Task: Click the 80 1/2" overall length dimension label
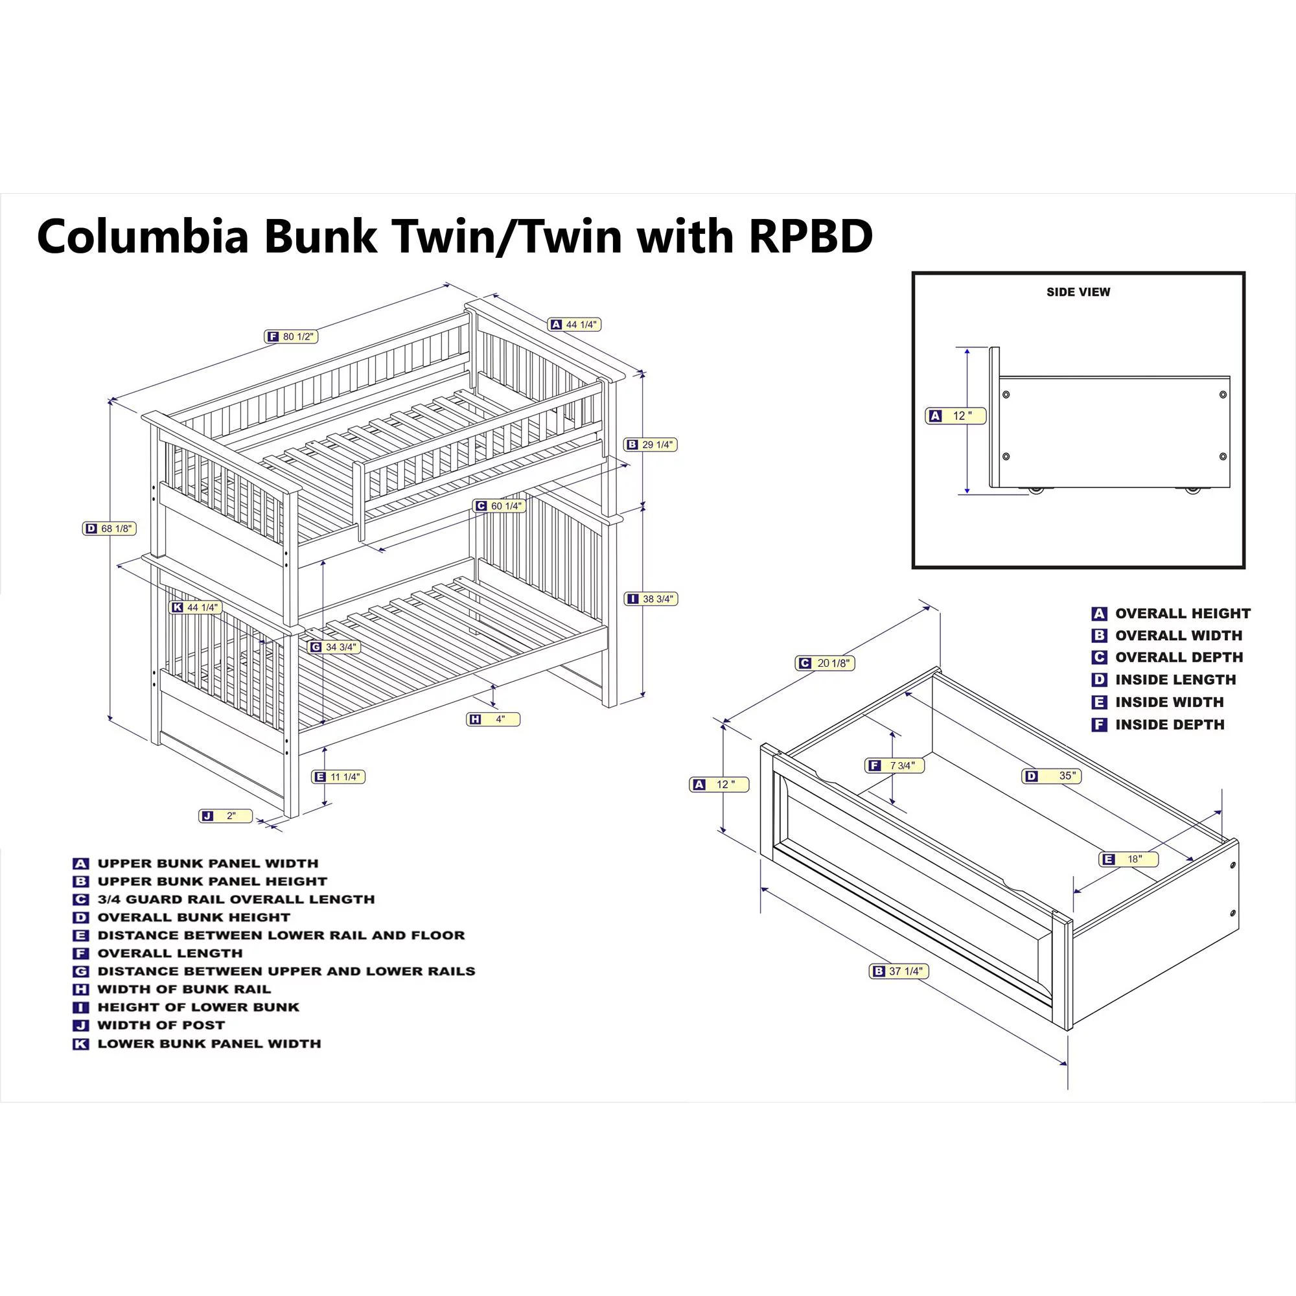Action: coord(291,337)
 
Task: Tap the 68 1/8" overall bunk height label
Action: coord(110,529)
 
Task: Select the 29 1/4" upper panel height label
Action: coord(651,445)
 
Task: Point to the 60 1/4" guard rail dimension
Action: coord(499,506)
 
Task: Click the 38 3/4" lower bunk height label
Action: coord(651,599)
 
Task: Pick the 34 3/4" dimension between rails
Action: coord(334,647)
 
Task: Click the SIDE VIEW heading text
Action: coord(1078,292)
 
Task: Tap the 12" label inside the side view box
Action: coord(955,416)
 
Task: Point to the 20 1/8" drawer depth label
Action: coord(826,664)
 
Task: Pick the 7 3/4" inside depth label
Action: coord(895,765)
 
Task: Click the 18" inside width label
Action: coord(1128,859)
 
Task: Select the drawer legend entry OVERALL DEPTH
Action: coord(1179,657)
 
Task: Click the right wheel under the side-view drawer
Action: coord(1192,491)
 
